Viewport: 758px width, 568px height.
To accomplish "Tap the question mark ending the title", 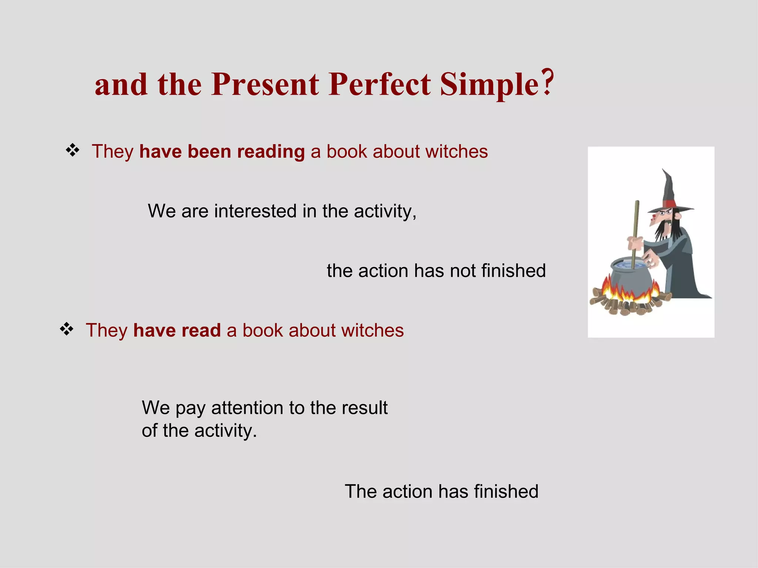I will [x=549, y=82].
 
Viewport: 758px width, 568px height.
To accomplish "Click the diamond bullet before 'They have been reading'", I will [x=73, y=151].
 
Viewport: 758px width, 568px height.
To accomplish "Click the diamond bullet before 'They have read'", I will [x=67, y=329].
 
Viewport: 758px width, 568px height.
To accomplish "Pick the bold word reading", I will [x=271, y=152].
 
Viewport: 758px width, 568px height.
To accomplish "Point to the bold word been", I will [x=209, y=152].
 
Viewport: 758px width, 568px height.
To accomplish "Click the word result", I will [x=364, y=408].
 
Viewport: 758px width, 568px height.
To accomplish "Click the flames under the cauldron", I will [x=625, y=294].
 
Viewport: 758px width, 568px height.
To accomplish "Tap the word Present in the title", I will [x=265, y=84].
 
